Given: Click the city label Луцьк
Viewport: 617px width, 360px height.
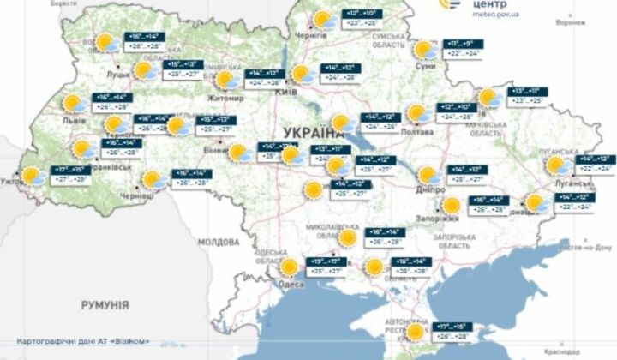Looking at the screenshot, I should [x=118, y=75].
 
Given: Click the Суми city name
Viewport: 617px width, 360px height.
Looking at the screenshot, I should [x=423, y=65].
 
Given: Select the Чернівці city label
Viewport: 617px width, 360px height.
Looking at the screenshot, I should [x=137, y=195].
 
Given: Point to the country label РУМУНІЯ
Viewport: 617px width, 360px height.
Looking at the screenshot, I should [x=105, y=304].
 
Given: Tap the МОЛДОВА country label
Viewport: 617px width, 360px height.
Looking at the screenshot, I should [x=219, y=242].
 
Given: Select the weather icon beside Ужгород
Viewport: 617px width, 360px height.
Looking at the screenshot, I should [x=33, y=177].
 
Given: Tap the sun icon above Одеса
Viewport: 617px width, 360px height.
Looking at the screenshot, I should [x=290, y=267].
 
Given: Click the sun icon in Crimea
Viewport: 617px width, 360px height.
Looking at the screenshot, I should [x=416, y=332].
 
